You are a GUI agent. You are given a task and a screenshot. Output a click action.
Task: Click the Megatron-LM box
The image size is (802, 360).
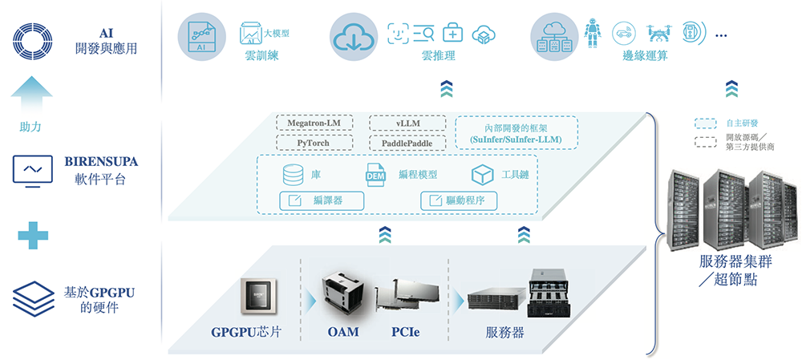[314, 123]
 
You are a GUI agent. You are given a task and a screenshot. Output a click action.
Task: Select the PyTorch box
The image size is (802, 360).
[314, 143]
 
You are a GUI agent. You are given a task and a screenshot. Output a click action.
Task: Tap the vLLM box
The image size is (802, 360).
[408, 123]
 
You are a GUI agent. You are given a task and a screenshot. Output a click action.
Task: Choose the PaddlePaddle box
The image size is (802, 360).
[408, 143]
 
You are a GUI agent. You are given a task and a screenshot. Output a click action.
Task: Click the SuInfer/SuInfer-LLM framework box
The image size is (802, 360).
[516, 133]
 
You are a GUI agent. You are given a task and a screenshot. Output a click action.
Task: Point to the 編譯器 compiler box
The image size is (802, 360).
[321, 200]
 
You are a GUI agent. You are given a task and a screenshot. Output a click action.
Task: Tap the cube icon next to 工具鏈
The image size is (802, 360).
[480, 175]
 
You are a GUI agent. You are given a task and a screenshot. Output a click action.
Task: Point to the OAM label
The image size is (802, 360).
[343, 332]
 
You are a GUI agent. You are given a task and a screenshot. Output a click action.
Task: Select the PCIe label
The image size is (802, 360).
[406, 332]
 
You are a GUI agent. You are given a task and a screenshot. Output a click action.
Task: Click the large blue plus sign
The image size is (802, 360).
[33, 234]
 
